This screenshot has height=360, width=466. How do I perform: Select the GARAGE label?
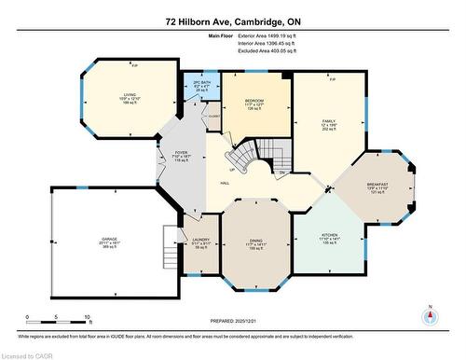pyautogui.click(x=109, y=239)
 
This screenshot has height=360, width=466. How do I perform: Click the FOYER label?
pyautogui.click(x=182, y=155)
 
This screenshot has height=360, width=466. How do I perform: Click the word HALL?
pyautogui.click(x=226, y=184)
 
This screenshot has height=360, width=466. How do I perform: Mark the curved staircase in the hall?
pyautogui.click(x=245, y=159)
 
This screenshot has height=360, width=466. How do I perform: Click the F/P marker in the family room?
pyautogui.click(x=332, y=80)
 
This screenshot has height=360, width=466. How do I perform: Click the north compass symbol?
pyautogui.click(x=429, y=314)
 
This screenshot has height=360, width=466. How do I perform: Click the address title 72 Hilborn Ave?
pyautogui.click(x=232, y=20)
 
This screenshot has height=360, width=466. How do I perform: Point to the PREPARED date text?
pyautogui.click(x=233, y=321)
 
